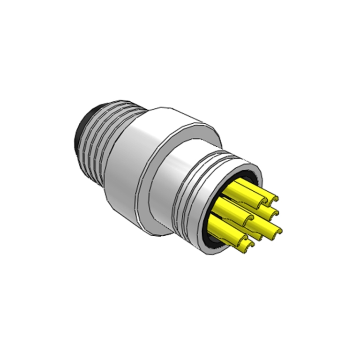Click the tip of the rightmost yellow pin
click(277, 230)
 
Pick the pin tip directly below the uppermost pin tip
click(269, 214)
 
